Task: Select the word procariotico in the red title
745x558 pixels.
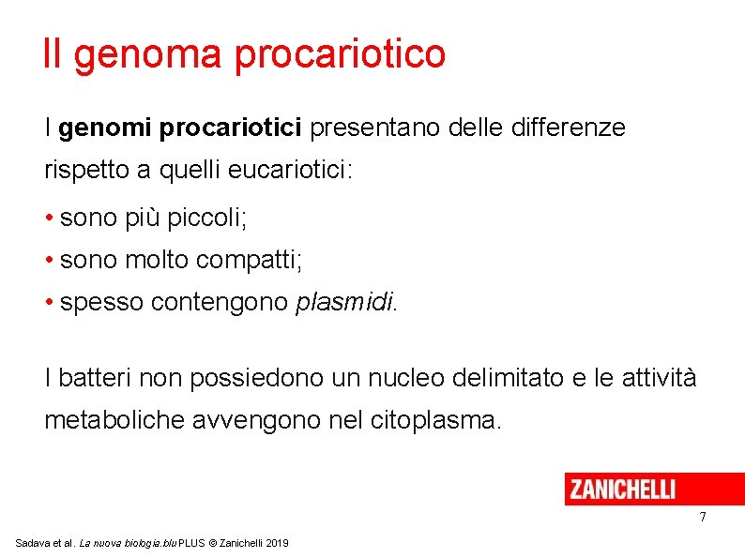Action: [340, 54]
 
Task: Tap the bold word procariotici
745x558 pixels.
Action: [231, 128]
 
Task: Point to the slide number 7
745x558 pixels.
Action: [702, 519]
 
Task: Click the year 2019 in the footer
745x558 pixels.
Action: [277, 544]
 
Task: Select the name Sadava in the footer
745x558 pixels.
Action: [31, 544]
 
